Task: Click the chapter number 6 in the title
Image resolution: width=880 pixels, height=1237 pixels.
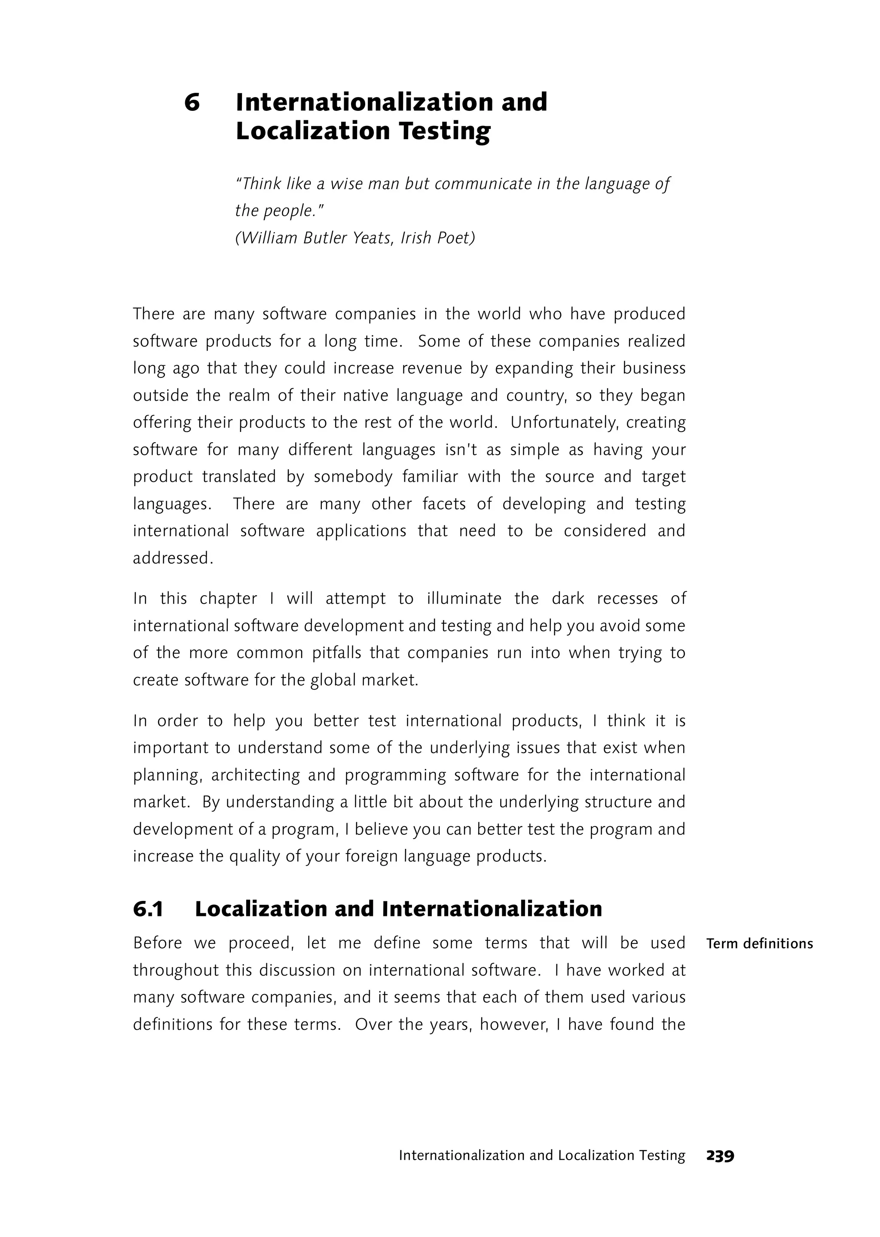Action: point(192,102)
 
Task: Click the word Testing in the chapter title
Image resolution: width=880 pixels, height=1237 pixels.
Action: point(444,132)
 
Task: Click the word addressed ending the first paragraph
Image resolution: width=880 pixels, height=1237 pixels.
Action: point(173,558)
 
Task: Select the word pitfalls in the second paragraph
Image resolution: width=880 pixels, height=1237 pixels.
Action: point(336,652)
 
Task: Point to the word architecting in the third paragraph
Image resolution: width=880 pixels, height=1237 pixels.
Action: point(255,775)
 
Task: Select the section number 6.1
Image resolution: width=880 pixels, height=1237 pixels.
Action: point(148,909)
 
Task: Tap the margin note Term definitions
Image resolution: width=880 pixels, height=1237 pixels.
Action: point(759,944)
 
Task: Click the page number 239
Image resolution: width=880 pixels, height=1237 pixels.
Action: point(720,1156)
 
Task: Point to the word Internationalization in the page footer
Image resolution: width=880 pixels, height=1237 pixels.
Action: point(461,1156)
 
